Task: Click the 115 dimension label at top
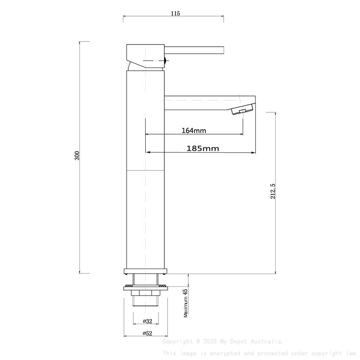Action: [x=175, y=14]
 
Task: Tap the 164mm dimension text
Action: [x=194, y=130]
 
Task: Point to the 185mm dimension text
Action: [x=202, y=148]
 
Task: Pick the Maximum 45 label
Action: [x=185, y=303]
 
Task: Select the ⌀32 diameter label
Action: [x=147, y=321]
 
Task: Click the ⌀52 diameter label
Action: [x=147, y=333]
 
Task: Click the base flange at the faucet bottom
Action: [x=145, y=271]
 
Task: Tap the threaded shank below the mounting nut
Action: [x=145, y=301]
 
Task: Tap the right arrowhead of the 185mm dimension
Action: [x=255, y=152]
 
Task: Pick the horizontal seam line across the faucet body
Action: [x=145, y=170]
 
